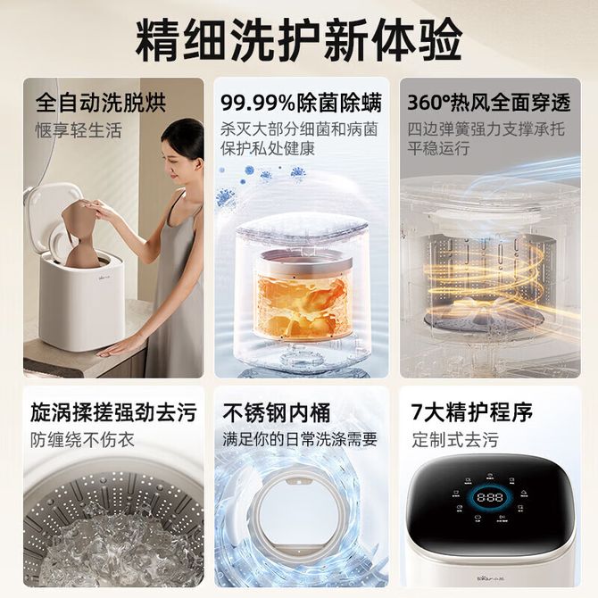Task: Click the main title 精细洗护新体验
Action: (x=299, y=39)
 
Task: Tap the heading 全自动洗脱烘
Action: (x=101, y=103)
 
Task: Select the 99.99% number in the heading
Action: (x=258, y=103)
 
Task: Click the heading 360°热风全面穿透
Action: (x=489, y=103)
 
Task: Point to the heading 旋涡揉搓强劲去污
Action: (x=113, y=412)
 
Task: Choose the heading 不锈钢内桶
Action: (x=277, y=412)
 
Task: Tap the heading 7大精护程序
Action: (x=472, y=411)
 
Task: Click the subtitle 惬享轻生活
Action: (x=79, y=130)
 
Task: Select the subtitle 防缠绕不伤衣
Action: (x=82, y=440)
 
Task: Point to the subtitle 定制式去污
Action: (x=455, y=439)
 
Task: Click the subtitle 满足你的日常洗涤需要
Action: (x=300, y=439)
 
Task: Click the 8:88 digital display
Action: (x=490, y=497)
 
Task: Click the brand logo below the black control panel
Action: (x=491, y=578)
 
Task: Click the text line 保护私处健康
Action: (x=268, y=149)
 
